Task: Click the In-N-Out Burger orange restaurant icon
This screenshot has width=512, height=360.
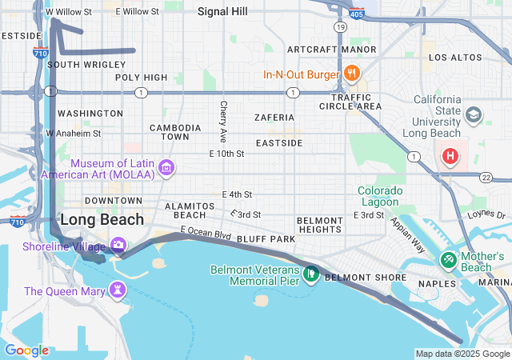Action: pyautogui.click(x=351, y=74)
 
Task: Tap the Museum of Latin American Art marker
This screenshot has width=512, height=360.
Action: pyautogui.click(x=166, y=167)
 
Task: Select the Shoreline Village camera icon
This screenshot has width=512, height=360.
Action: pyautogui.click(x=118, y=245)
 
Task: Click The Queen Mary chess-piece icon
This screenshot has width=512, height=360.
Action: pyautogui.click(x=118, y=289)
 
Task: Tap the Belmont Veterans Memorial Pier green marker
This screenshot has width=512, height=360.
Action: pyautogui.click(x=311, y=275)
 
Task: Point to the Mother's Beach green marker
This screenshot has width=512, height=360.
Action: pyautogui.click(x=448, y=260)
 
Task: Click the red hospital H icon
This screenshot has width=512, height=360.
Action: pyautogui.click(x=450, y=156)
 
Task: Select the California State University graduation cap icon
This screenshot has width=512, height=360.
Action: pyautogui.click(x=474, y=115)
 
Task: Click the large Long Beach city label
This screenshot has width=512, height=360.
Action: pyautogui.click(x=102, y=219)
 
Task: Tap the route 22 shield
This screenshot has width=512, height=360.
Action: pyautogui.click(x=486, y=176)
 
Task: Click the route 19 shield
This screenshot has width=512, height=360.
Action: pyautogui.click(x=341, y=27)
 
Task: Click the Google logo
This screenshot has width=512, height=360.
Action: pyautogui.click(x=26, y=350)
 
